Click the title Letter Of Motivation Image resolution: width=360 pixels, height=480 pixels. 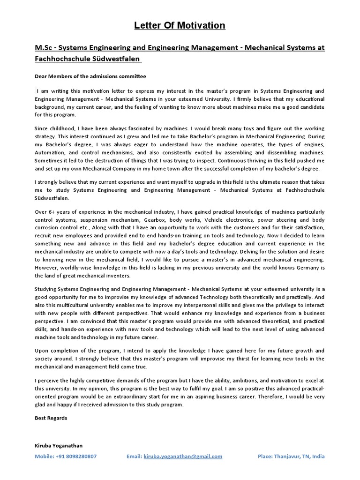pos(180,25)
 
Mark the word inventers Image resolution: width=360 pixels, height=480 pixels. pos(119,276)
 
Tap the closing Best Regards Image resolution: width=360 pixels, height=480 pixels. pos(51,418)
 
